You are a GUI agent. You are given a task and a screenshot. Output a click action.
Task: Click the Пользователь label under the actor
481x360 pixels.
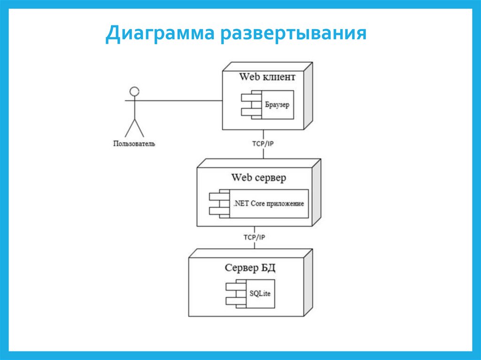pos(134,143)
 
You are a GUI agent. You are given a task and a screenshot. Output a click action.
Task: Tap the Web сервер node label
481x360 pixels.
pos(258,178)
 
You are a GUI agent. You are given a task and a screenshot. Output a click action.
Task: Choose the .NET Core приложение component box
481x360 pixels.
pos(268,204)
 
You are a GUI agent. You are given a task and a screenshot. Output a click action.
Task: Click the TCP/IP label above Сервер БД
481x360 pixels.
pos(254,237)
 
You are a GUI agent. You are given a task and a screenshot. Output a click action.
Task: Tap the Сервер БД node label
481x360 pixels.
pos(249,268)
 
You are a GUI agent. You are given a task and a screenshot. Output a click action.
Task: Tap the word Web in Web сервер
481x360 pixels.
pos(241,178)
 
